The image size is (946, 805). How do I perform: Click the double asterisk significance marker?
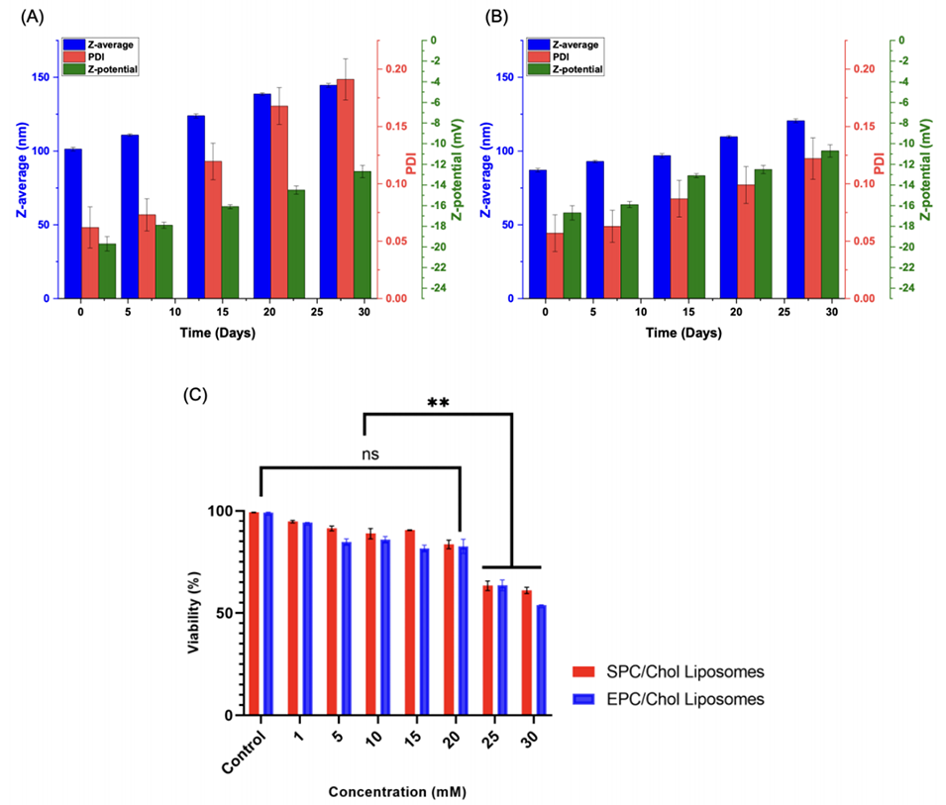438,403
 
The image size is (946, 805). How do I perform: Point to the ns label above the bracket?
370,455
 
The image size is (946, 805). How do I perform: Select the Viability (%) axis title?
195,613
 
